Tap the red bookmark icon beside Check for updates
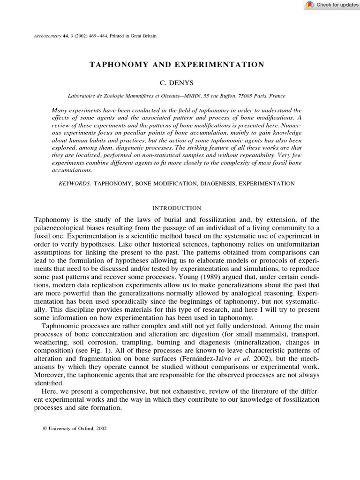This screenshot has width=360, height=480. click(x=310, y=5)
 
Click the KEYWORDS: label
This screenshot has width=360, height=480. click(x=75, y=184)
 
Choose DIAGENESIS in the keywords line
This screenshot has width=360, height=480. click(x=218, y=184)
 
